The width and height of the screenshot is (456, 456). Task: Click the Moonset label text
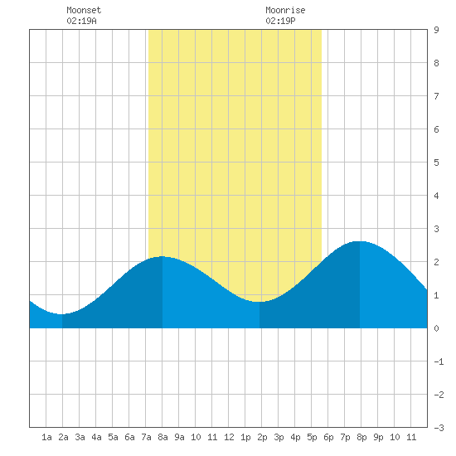click(84, 10)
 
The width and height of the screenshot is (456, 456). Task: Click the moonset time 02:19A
click(81, 21)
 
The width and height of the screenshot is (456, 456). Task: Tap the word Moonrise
click(285, 10)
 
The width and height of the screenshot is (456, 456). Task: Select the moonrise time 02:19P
click(280, 21)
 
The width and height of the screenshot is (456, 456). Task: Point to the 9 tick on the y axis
click(436, 30)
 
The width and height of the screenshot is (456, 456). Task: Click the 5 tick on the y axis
click(436, 163)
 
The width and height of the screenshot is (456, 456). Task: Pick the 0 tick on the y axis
click(436, 328)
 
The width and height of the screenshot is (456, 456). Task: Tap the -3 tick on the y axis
click(439, 428)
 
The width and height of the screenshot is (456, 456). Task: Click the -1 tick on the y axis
click(439, 361)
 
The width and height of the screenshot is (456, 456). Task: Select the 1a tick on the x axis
click(46, 437)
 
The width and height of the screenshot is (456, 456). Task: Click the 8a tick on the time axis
click(163, 437)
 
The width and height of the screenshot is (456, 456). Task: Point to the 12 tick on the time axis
click(229, 437)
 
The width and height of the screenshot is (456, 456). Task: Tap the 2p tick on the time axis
click(262, 437)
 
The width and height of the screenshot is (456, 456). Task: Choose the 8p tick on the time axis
click(361, 437)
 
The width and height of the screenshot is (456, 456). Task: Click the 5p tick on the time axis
click(312, 437)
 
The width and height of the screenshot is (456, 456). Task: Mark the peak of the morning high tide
click(162, 256)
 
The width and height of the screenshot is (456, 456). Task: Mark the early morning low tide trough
click(61, 314)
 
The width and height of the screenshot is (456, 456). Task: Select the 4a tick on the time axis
click(96, 437)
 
